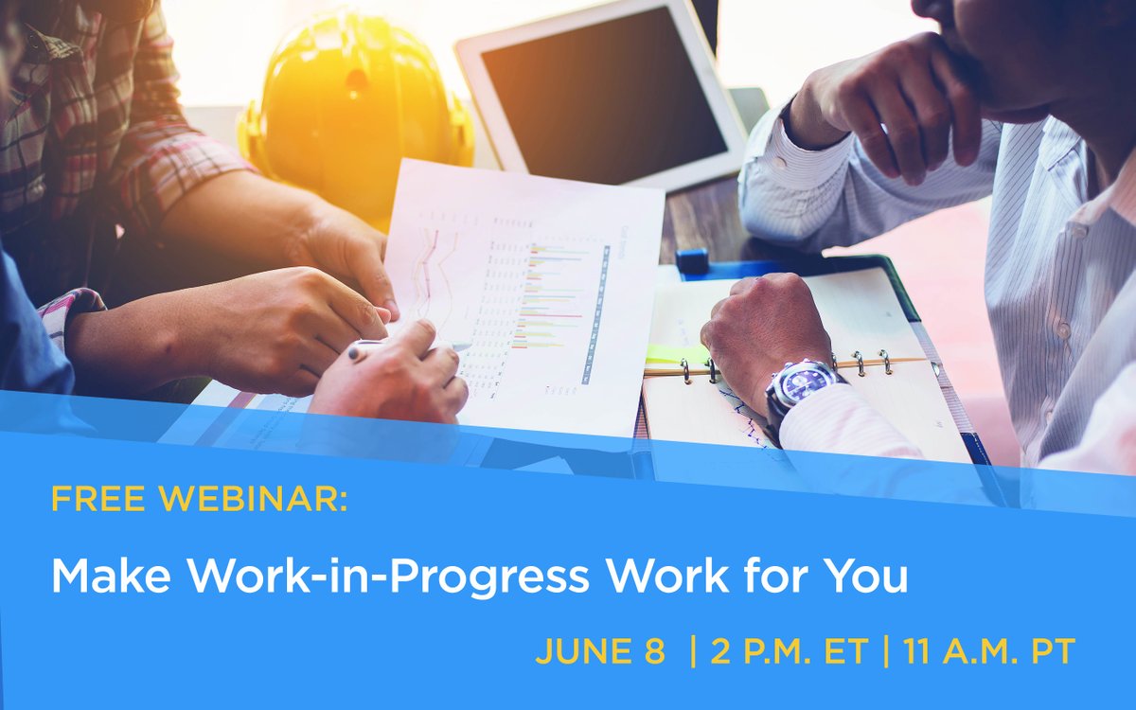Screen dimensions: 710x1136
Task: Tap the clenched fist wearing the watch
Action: pyautogui.click(x=762, y=327)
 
